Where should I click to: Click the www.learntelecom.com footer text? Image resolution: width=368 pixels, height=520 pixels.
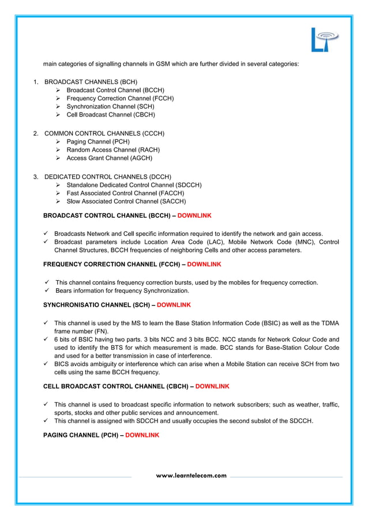[x=191, y=476]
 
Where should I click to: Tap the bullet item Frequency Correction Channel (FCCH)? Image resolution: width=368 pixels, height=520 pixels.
[x=120, y=99]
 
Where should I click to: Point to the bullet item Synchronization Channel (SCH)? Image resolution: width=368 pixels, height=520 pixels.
[x=111, y=107]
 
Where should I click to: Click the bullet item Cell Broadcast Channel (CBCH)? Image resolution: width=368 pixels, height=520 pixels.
[x=111, y=115]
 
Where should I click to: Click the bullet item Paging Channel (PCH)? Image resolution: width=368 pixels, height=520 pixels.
[x=98, y=142]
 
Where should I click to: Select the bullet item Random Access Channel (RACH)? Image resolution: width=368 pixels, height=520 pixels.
[x=108, y=150]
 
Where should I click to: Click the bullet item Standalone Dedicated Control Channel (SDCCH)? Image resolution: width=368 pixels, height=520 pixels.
[x=134, y=185]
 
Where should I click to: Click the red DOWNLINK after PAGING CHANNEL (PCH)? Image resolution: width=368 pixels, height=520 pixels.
[x=142, y=435]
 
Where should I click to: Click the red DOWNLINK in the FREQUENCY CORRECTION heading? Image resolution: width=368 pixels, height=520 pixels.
[x=204, y=264]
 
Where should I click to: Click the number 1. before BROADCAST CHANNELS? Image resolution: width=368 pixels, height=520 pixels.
[x=36, y=82]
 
